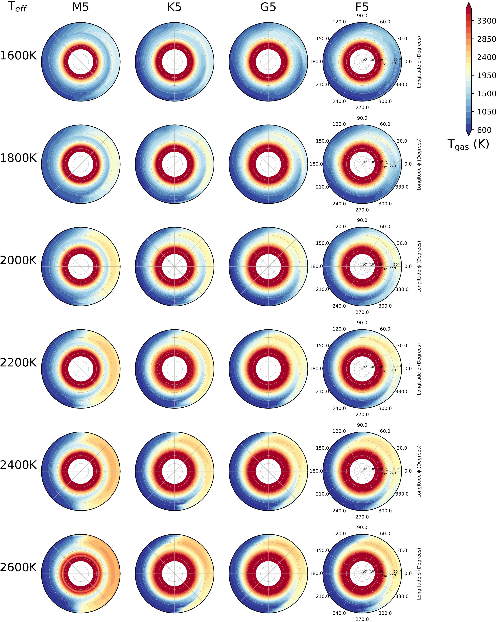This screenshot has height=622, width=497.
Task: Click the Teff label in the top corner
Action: pyautogui.click(x=17, y=6)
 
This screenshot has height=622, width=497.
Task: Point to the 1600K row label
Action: pyautogui.click(x=19, y=56)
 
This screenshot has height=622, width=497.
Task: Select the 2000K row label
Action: pyautogui.click(x=19, y=261)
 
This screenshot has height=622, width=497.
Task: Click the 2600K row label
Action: pyautogui.click(x=19, y=568)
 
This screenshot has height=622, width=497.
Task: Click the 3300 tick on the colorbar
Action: pyautogui.click(x=486, y=21)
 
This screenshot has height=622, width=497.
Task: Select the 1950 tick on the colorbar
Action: pyautogui.click(x=486, y=75)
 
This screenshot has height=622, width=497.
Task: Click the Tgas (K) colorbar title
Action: pyautogui.click(x=468, y=144)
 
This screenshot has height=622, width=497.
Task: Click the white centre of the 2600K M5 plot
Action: pyautogui.click(x=81, y=573)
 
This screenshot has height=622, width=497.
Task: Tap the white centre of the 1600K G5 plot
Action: pyautogui.click(x=268, y=62)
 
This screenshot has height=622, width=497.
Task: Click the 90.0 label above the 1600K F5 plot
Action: pyautogui.click(x=362, y=16)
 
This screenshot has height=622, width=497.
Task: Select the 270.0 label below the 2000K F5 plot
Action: pyautogui.click(x=362, y=312)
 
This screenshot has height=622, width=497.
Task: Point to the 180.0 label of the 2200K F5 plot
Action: pyautogui.click(x=316, y=368)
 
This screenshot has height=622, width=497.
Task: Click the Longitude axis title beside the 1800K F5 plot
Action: pyautogui.click(x=419, y=164)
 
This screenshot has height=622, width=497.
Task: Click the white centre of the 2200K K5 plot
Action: pyautogui.click(x=174, y=369)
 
